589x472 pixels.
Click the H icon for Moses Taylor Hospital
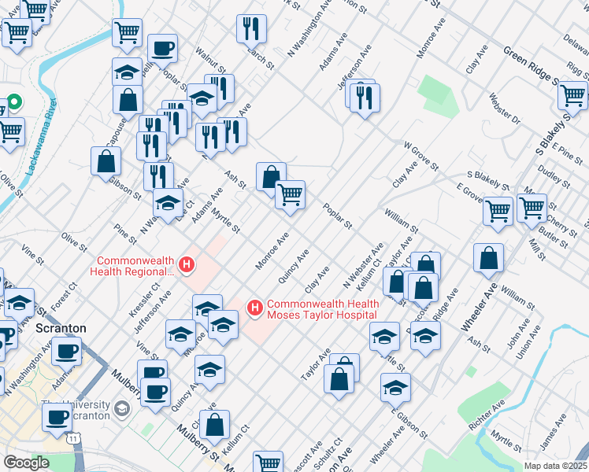(x=255, y=306)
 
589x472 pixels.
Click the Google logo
(x=26, y=463)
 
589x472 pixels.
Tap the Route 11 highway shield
(x=72, y=435)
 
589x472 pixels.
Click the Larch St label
(x=257, y=55)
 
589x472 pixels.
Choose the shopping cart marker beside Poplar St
(x=291, y=194)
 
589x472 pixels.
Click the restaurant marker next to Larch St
(x=251, y=29)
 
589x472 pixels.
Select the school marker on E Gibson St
(x=395, y=387)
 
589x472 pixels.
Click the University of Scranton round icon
(x=122, y=408)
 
